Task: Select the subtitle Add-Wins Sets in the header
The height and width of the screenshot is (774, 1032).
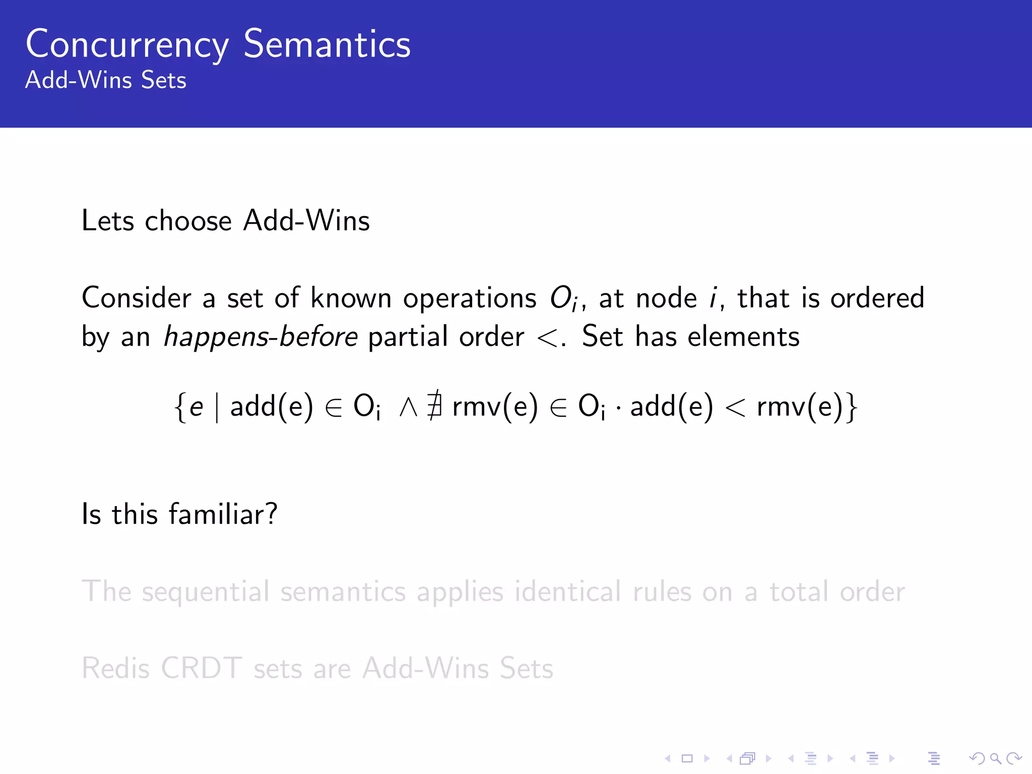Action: coord(106,80)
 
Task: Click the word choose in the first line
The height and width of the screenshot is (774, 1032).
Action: coord(188,221)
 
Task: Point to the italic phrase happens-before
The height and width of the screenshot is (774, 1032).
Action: coord(261,337)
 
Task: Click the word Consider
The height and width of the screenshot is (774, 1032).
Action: coord(137,298)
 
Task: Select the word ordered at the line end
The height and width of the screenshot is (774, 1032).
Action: coord(877,298)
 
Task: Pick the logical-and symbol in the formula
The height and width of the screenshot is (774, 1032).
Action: coord(408,407)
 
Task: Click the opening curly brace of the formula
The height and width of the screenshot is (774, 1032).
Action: coord(179,407)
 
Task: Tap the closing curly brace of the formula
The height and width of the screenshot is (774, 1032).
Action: coord(852,407)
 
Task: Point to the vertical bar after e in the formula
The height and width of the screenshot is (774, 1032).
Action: coord(217,407)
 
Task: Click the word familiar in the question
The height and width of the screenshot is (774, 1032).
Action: coord(222,514)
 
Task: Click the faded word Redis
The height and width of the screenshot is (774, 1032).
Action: coord(116,669)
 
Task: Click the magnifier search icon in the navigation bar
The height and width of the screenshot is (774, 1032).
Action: coord(995,758)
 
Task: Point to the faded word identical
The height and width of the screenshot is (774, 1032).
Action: coord(567,592)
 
